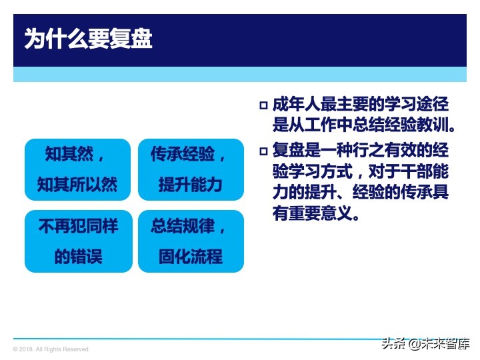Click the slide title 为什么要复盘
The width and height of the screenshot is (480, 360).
pyautogui.click(x=89, y=39)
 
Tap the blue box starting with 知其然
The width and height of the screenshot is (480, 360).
pyautogui.click(x=77, y=169)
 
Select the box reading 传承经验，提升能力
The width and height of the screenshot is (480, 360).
pyautogui.click(x=191, y=169)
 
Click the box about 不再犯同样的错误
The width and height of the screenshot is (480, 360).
pyautogui.click(x=77, y=241)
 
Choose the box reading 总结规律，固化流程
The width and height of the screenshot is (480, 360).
pyautogui.click(x=191, y=241)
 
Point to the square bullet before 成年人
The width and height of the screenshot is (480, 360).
pyautogui.click(x=263, y=105)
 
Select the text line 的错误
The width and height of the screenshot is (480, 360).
pyautogui.click(x=77, y=257)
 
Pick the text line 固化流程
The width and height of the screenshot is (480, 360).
pyautogui.click(x=191, y=257)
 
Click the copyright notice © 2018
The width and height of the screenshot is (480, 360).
pyautogui.click(x=51, y=349)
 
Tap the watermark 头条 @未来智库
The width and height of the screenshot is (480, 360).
pyautogui.click(x=425, y=344)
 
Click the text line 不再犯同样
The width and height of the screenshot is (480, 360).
pyautogui.click(x=77, y=226)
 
